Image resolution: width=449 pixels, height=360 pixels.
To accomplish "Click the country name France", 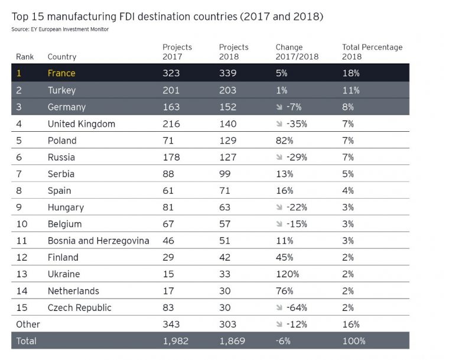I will (61, 73).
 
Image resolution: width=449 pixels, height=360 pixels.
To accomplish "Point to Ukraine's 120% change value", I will (287, 274).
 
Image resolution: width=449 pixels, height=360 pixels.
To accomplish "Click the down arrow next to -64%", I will (279, 308).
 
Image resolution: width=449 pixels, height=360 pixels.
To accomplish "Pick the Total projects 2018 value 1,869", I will (232, 341).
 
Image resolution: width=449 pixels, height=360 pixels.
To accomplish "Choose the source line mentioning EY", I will (60, 30).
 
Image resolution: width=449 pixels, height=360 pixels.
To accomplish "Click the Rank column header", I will (24, 57).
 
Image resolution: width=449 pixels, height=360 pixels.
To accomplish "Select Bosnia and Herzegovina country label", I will (98, 241).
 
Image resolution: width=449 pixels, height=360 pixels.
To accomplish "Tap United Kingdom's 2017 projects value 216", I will (171, 124).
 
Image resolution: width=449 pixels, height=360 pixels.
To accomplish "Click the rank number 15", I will (21, 308).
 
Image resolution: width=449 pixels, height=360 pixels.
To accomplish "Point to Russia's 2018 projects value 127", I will (227, 157).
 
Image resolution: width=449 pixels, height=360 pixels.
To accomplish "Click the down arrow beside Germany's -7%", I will (279, 108).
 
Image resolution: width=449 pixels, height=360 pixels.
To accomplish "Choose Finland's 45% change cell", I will (284, 257).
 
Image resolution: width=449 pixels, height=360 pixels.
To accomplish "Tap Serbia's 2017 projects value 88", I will (168, 174).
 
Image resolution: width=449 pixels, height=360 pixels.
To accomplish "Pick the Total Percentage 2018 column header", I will (372, 52).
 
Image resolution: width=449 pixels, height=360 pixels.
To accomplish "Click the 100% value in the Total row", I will (354, 341).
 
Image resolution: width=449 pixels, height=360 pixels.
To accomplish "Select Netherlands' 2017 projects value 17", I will (168, 291).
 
